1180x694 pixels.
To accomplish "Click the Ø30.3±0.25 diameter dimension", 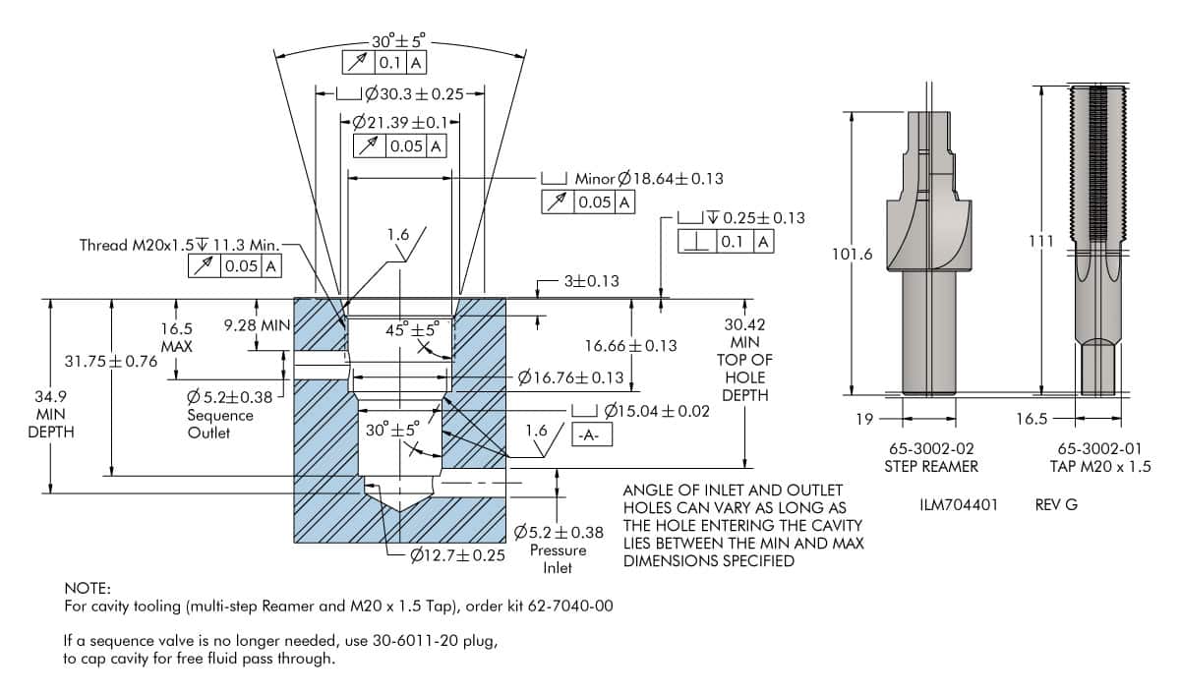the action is (x=415, y=94).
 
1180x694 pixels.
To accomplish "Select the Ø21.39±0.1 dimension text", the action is (x=400, y=123).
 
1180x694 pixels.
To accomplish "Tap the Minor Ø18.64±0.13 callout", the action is (x=649, y=179).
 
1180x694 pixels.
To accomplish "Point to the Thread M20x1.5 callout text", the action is (x=179, y=245).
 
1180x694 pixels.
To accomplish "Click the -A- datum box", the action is (x=592, y=434).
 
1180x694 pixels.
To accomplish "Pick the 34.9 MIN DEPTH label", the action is (x=50, y=414).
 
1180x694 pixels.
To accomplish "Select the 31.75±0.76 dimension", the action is (x=110, y=361).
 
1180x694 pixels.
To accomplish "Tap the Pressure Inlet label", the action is (x=558, y=558).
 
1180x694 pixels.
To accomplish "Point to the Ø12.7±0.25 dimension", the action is (x=457, y=555).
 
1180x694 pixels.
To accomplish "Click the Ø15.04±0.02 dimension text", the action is (x=657, y=411).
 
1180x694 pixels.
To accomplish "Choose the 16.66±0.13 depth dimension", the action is (x=630, y=346).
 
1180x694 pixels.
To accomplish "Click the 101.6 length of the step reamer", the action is (x=852, y=254).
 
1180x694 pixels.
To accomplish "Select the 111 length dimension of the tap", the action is (x=1041, y=241).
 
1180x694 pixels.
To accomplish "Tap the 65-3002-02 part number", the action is (x=931, y=448).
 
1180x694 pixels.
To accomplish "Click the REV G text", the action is (x=1056, y=505).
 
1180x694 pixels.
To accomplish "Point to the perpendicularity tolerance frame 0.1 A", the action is (x=726, y=242).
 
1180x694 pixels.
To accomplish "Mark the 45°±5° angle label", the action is (x=412, y=329).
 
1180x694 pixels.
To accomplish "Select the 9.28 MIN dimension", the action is (x=257, y=325).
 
